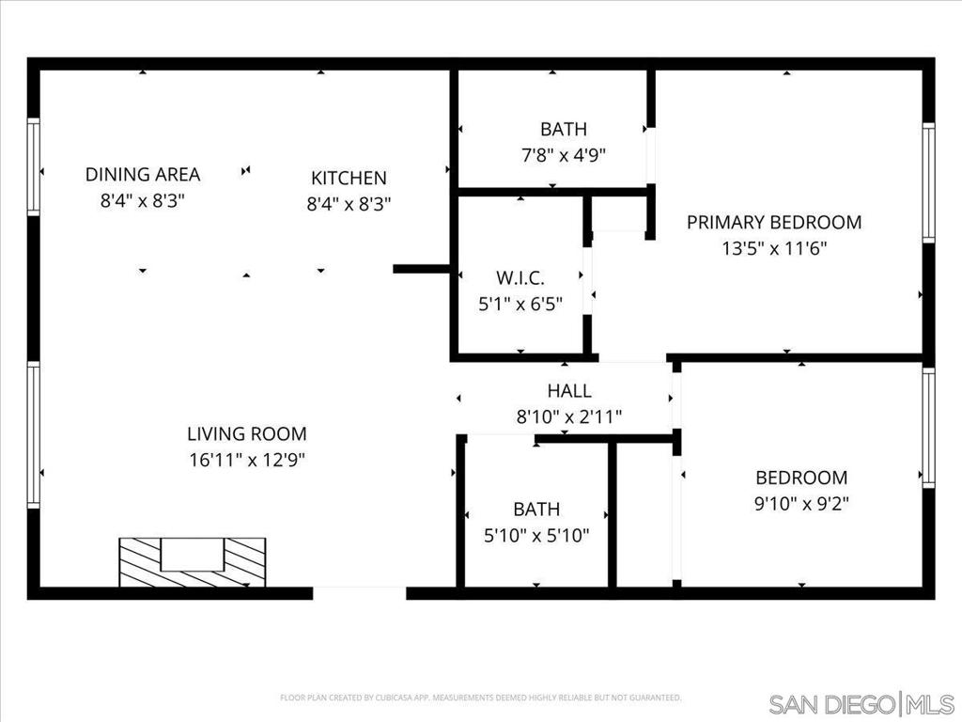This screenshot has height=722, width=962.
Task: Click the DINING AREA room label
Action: (143, 175)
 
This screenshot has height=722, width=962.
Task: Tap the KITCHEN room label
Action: (349, 178)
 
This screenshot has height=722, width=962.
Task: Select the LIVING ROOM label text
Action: (246, 434)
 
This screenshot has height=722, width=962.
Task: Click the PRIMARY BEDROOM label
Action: (773, 223)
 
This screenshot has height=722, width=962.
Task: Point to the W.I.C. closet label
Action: (520, 278)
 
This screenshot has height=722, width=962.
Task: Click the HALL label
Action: (569, 391)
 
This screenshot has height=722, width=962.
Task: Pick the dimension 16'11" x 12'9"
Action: (246, 460)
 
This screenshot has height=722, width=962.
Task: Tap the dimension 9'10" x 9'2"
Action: (801, 503)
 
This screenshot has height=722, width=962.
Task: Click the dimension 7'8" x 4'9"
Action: (564, 155)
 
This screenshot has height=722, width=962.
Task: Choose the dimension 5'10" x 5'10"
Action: (536, 535)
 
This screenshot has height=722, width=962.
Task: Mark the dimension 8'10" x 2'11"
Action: (569, 416)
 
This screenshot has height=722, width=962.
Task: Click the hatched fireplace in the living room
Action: (192, 562)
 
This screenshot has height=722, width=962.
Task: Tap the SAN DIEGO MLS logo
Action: (861, 703)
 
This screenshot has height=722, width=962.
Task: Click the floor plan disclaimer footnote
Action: (481, 698)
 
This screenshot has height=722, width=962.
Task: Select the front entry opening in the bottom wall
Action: (359, 592)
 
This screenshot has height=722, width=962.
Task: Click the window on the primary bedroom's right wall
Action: (928, 183)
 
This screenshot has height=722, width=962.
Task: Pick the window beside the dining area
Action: (34, 166)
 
